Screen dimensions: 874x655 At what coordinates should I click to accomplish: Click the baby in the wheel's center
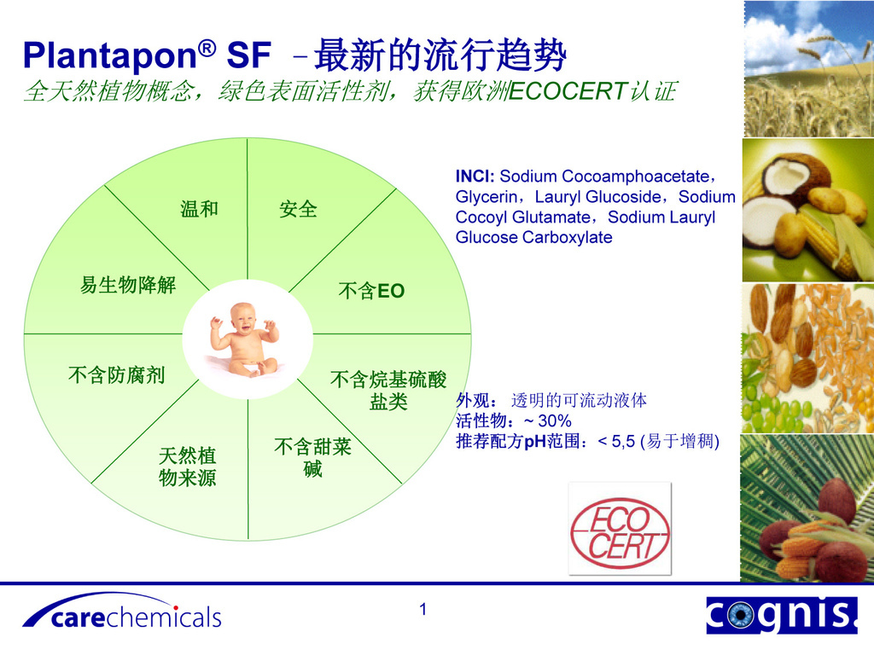[244, 339]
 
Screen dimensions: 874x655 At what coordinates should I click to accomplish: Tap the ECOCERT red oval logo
[620, 532]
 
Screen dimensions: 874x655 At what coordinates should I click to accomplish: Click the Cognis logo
[782, 614]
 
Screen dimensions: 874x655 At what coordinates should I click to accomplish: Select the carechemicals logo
[122, 612]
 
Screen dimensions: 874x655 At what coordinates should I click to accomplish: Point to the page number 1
[423, 609]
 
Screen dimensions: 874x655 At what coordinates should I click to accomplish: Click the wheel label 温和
[199, 209]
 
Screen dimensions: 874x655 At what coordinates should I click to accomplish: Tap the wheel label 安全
[298, 210]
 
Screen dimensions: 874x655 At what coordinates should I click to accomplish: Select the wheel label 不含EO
[371, 291]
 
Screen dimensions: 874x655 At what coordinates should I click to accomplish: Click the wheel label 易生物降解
[128, 285]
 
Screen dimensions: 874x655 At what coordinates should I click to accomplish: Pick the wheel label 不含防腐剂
[116, 375]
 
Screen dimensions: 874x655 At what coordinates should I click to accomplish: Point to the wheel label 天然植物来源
[187, 467]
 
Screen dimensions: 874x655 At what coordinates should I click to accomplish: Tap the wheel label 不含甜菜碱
[312, 458]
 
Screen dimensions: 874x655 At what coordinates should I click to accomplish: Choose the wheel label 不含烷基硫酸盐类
[388, 391]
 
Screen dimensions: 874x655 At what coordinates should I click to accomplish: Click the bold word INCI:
[475, 177]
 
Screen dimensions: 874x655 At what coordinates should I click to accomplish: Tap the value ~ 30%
[548, 420]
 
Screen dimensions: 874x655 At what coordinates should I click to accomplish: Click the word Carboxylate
[568, 238]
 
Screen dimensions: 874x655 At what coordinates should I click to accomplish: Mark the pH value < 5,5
[616, 442]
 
